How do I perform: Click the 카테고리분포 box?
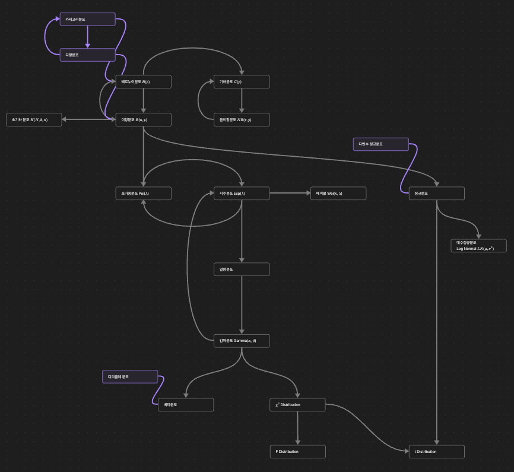click(87, 19)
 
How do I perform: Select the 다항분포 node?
click(87, 55)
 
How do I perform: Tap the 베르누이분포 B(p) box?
click(143, 81)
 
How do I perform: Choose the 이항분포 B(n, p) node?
click(143, 119)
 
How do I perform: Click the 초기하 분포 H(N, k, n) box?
click(34, 119)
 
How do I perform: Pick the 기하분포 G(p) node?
click(242, 81)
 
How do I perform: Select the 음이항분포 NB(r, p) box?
click(242, 119)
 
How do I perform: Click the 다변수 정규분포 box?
click(380, 144)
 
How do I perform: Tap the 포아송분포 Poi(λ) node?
click(143, 194)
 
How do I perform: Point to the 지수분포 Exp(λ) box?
click(242, 194)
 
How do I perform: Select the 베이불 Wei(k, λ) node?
click(338, 194)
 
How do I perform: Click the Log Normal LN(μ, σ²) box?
click(479, 246)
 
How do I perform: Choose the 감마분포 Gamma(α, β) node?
click(242, 341)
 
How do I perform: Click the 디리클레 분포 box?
click(130, 376)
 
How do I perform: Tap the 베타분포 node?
click(185, 405)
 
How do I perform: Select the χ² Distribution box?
click(297, 405)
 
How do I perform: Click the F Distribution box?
click(297, 452)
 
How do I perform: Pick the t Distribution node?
click(436, 452)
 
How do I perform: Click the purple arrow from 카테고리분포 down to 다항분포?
click(87, 36)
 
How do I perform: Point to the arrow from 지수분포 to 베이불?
click(290, 194)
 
